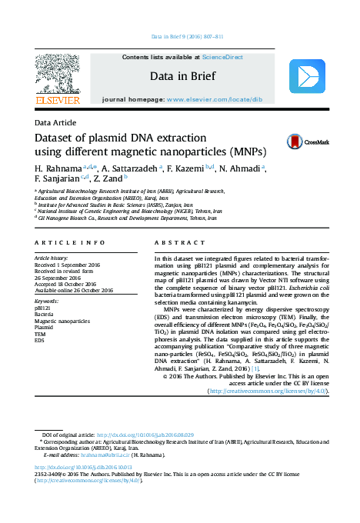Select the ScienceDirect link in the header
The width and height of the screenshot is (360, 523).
point(222,57)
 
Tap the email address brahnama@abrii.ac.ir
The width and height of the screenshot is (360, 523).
point(109,455)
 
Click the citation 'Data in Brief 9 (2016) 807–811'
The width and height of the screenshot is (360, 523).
point(187,37)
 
